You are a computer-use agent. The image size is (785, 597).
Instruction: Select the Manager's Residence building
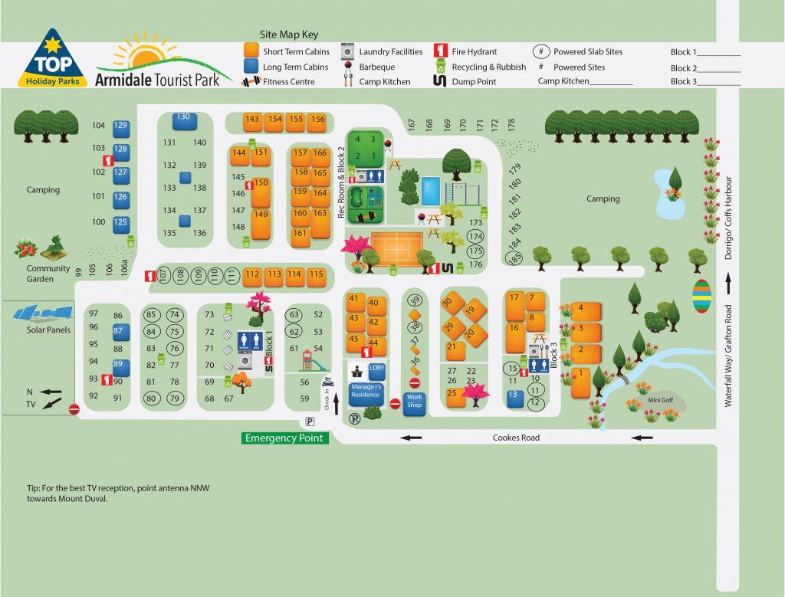coord(366,392)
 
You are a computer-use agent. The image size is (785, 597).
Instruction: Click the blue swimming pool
coord(432,189)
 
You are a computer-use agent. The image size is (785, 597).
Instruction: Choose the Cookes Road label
coord(515,438)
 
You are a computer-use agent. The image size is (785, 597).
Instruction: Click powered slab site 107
coord(163,274)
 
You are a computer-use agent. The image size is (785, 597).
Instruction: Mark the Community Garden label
coord(48,274)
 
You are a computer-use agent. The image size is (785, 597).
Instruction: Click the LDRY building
coord(376,369)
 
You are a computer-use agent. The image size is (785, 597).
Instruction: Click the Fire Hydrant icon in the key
coord(441,52)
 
